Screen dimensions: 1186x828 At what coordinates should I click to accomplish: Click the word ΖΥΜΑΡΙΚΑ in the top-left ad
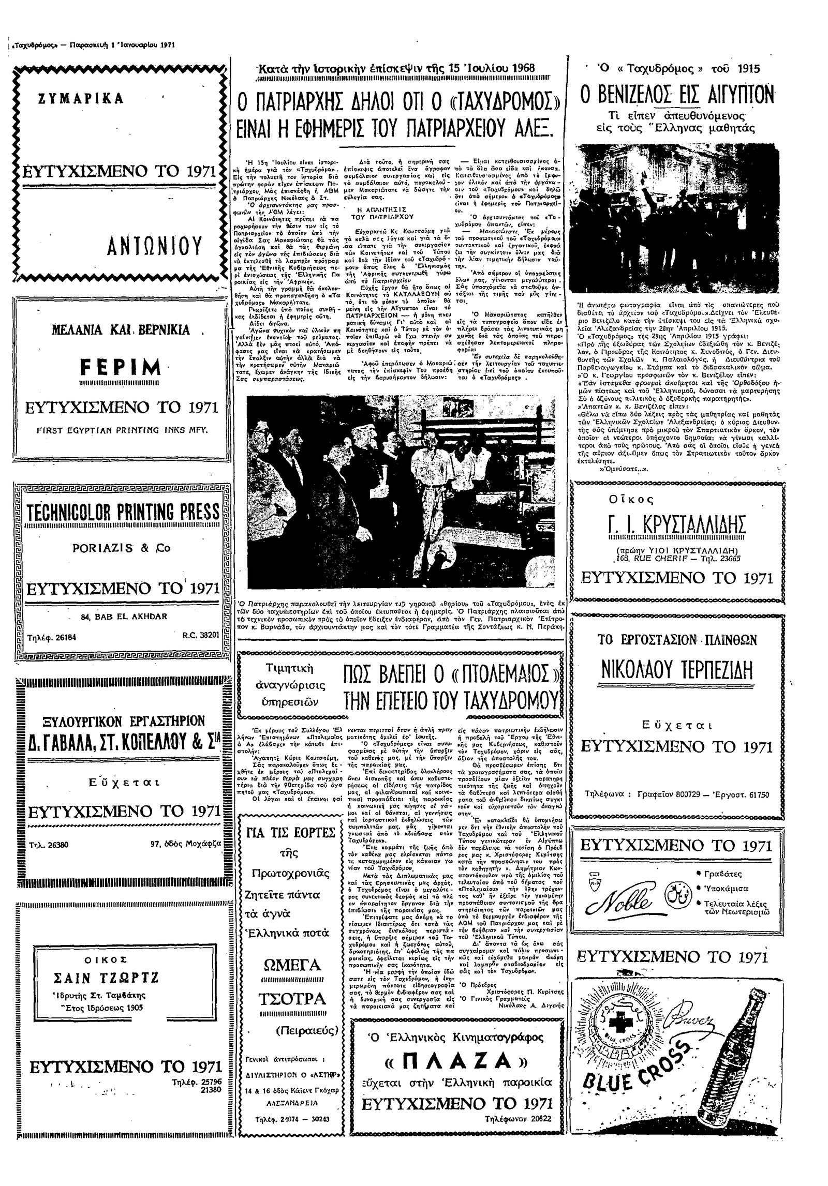pos(81,98)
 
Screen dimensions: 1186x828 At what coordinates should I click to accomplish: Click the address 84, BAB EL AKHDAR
pos(116,617)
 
